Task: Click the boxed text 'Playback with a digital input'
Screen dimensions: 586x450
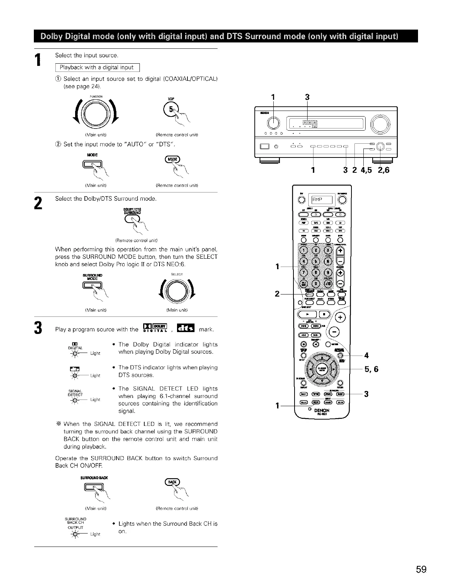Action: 96,67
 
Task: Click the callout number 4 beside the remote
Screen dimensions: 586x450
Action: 366,355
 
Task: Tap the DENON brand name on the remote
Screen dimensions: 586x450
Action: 322,411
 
